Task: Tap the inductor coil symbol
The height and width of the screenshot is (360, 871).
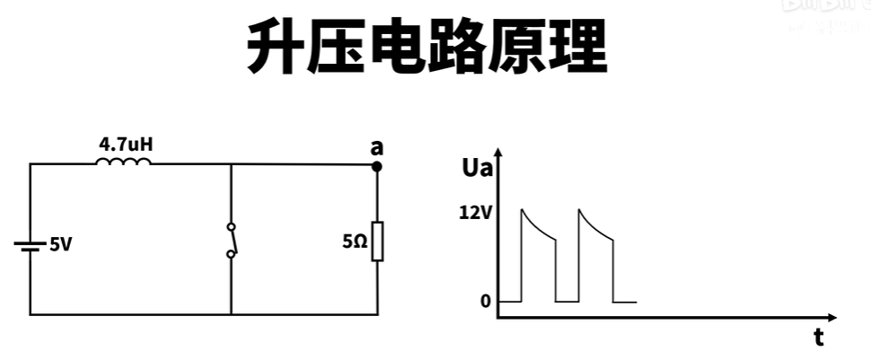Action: pyautogui.click(x=124, y=162)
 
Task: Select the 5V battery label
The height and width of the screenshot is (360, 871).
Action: pyautogui.click(x=60, y=244)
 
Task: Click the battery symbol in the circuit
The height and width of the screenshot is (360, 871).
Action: pyautogui.click(x=31, y=244)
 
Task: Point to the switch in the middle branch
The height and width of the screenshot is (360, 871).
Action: pyautogui.click(x=232, y=241)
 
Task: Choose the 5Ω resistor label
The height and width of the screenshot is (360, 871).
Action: pyautogui.click(x=354, y=241)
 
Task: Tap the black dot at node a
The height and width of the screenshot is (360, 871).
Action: pyautogui.click(x=377, y=166)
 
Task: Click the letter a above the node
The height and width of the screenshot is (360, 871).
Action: pyautogui.click(x=377, y=146)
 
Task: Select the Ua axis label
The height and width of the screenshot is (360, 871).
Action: pyautogui.click(x=474, y=167)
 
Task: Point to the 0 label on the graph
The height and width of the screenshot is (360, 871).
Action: pyautogui.click(x=486, y=302)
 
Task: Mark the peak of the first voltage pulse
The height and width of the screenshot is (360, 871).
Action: pyautogui.click(x=522, y=209)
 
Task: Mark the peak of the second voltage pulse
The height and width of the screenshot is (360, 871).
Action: pyautogui.click(x=579, y=209)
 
